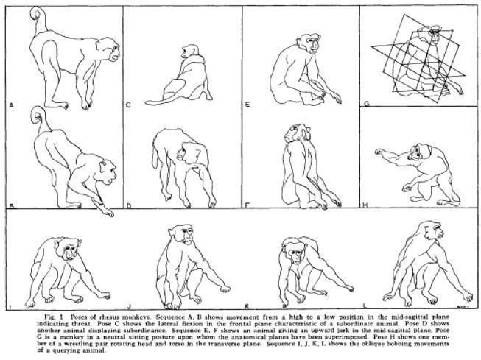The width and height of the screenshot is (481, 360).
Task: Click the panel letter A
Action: tap(12, 105)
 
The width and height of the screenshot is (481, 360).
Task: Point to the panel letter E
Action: tap(247, 105)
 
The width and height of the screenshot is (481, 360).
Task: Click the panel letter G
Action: tap(366, 105)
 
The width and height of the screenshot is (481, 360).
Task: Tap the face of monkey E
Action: tap(313, 46)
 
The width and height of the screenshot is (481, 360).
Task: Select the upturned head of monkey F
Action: tap(295, 131)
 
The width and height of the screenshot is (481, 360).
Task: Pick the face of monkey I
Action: tap(70, 252)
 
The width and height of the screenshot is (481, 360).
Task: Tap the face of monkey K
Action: tap(295, 258)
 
